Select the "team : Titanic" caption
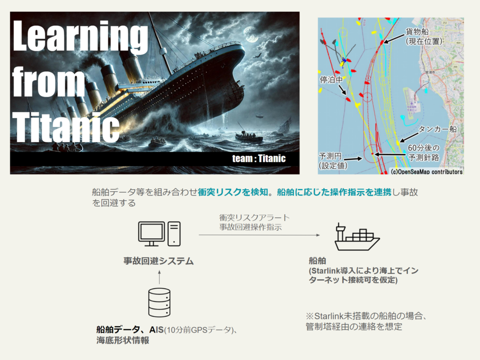[x=259, y=158]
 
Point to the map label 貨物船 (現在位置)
[x=424, y=37]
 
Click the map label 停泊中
[x=331, y=80]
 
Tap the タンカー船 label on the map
[x=437, y=129]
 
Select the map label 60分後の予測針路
[x=424, y=152]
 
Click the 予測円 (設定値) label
[x=333, y=161]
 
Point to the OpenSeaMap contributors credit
[x=427, y=172]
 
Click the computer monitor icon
[x=151, y=234]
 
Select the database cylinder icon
[x=159, y=302]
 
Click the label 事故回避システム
[x=158, y=261]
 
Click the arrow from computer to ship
[x=259, y=235]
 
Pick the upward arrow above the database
[x=159, y=277]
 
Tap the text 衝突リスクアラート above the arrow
[x=255, y=217]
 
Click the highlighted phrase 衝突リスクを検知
[x=233, y=192]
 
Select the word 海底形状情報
[x=123, y=340]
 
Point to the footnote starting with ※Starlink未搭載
[x=367, y=321]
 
